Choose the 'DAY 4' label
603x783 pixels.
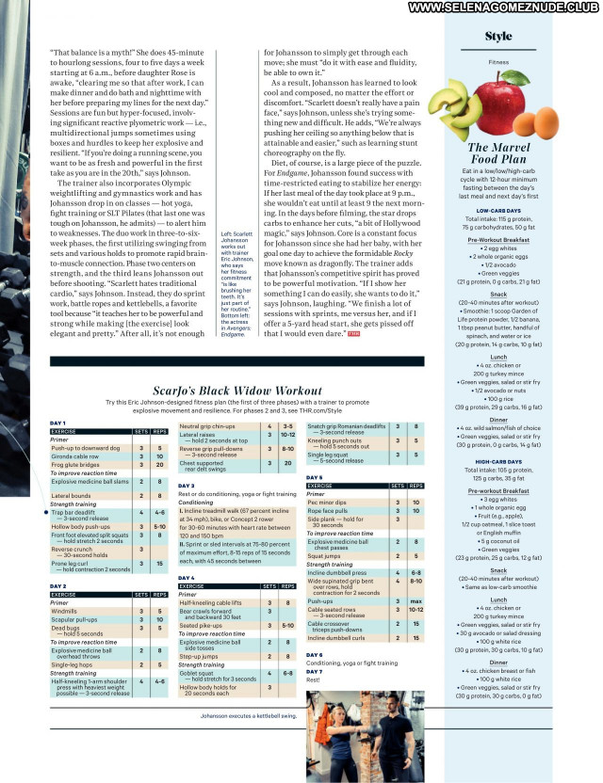187,577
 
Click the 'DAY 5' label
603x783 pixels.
315,477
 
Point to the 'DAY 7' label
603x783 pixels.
315,671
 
